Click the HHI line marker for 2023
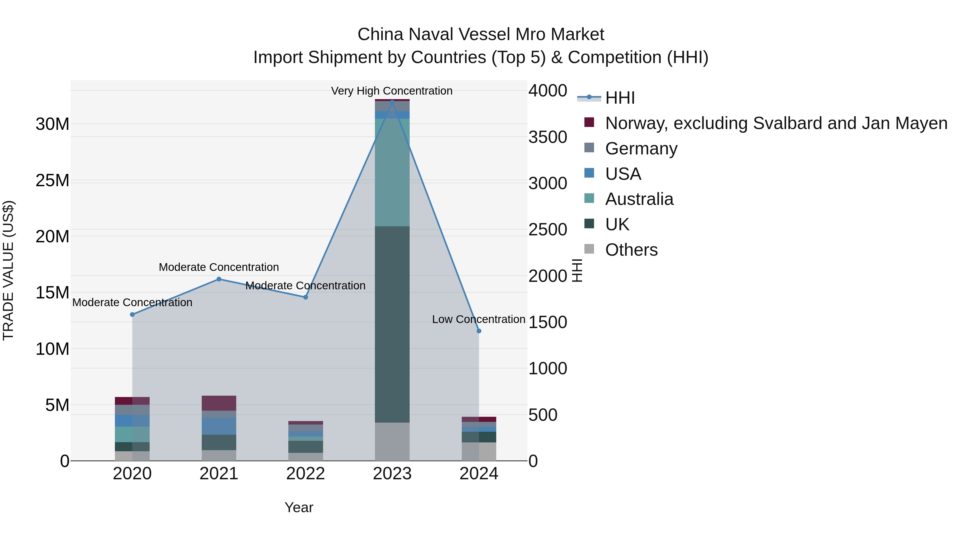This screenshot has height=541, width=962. [x=392, y=102]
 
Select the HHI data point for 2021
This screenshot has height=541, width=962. [x=219, y=279]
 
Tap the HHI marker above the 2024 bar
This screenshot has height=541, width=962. [x=479, y=331]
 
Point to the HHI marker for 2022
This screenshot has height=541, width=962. [x=305, y=297]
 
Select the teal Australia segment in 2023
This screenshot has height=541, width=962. [x=392, y=172]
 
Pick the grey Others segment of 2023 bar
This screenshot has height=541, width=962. [x=392, y=441]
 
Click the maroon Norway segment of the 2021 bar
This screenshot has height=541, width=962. [x=219, y=403]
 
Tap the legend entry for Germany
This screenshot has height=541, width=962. [x=641, y=149]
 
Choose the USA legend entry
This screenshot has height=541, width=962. [x=623, y=174]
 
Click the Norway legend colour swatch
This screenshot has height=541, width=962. [x=589, y=122]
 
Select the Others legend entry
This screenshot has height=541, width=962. [x=631, y=250]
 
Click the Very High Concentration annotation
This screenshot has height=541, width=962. [x=391, y=91]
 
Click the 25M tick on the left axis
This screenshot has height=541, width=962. [x=52, y=180]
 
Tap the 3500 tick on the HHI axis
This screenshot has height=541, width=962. [x=548, y=137]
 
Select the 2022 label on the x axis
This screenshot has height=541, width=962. [x=305, y=474]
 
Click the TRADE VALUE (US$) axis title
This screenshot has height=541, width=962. [x=8, y=270]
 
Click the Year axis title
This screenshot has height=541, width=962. [x=299, y=507]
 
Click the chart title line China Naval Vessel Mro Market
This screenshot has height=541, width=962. [x=481, y=34]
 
